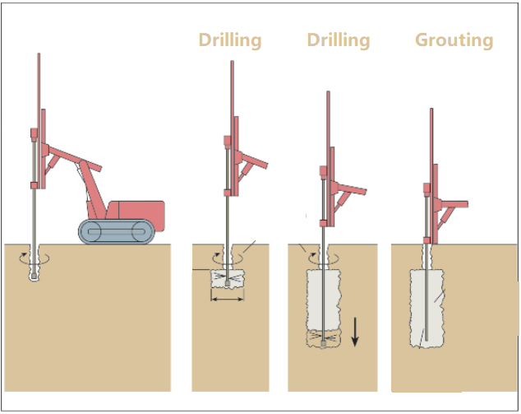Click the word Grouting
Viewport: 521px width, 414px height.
pos(454,40)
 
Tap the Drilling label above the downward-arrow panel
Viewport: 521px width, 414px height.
pos(339,40)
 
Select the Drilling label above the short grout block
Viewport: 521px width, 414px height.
pos(230,40)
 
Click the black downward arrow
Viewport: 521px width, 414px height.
pos(356,331)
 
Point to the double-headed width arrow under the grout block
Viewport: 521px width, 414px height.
pos(227,299)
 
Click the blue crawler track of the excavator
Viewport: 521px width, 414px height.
pos(115,231)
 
